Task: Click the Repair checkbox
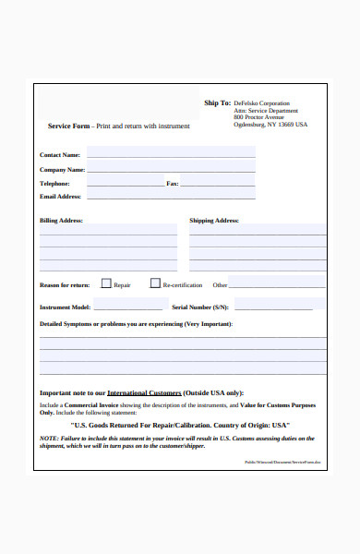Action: click(x=106, y=284)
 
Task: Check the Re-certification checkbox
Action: click(x=155, y=284)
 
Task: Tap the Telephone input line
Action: click(x=125, y=183)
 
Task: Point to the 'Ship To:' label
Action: click(x=217, y=103)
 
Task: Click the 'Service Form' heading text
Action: click(x=69, y=126)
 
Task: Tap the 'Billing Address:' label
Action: click(x=62, y=221)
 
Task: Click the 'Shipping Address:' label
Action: click(x=214, y=221)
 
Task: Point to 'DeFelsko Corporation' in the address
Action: click(x=261, y=103)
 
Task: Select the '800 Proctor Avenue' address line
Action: click(x=258, y=117)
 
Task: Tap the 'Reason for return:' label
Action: click(x=65, y=285)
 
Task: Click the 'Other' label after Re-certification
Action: click(x=220, y=285)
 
